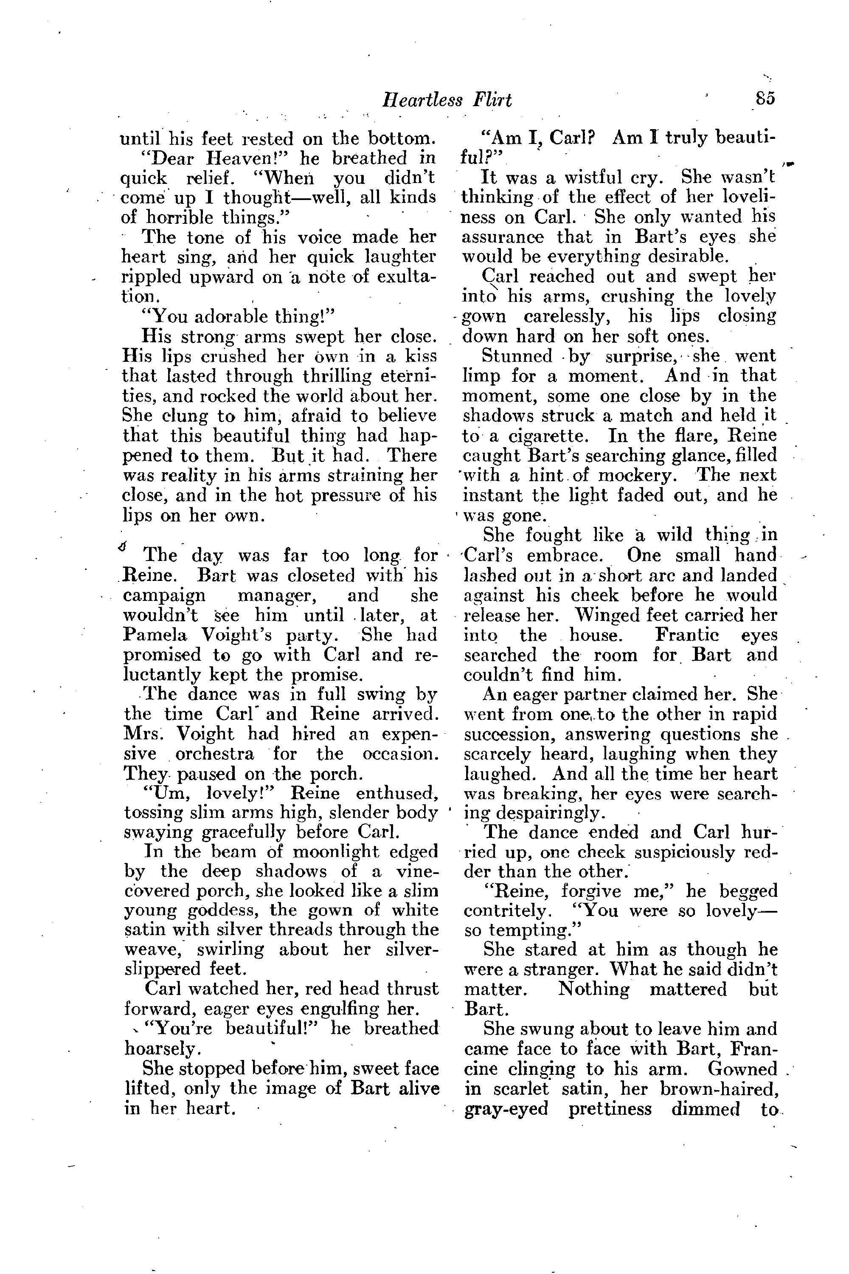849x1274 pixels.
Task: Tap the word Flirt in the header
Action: tap(492, 100)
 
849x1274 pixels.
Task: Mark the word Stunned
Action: tap(516, 356)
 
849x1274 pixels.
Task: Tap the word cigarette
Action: tap(546, 436)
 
